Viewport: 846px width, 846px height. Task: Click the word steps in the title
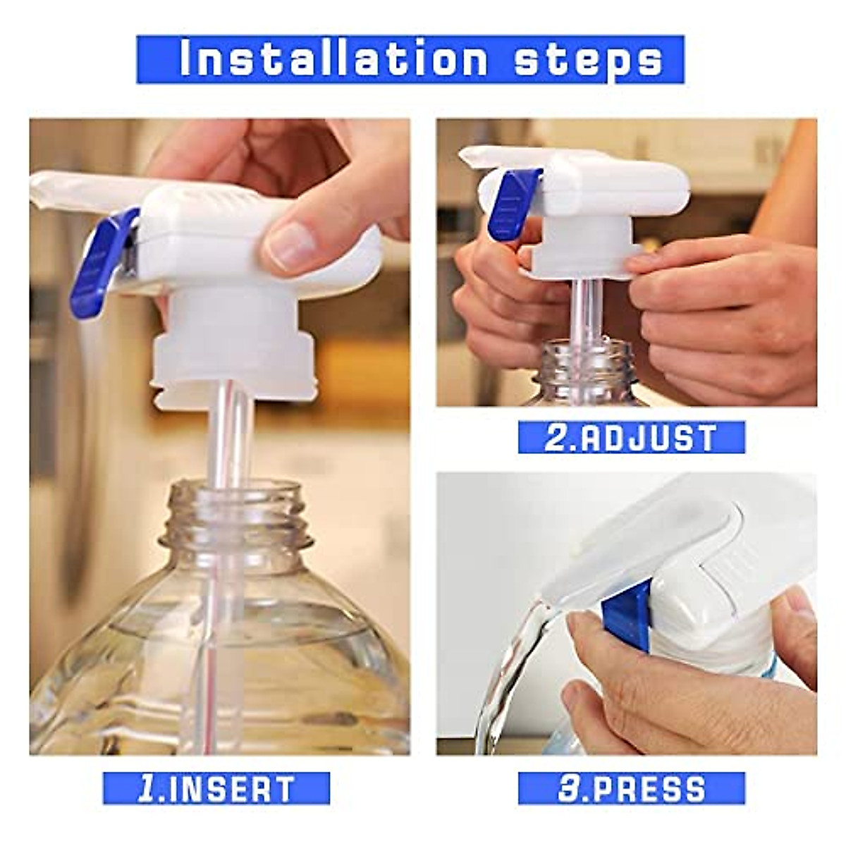pos(588,61)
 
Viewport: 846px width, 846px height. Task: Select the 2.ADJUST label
pos(631,438)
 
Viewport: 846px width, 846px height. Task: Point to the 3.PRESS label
pos(631,789)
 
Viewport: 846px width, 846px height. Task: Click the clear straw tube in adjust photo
pos(582,310)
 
